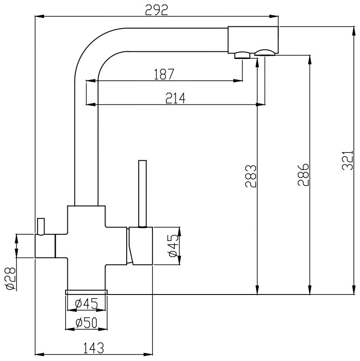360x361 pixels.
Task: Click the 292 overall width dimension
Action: point(157,10)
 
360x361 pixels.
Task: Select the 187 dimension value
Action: point(164,74)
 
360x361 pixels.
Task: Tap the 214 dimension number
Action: point(175,98)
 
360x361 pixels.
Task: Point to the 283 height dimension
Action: point(251,176)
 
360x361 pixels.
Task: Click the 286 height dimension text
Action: point(303,175)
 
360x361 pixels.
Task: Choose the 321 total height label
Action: point(348,161)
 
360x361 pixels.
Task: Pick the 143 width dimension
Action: point(93,348)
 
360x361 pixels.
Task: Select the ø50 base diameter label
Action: point(86,323)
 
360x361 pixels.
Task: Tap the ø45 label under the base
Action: point(87,303)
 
